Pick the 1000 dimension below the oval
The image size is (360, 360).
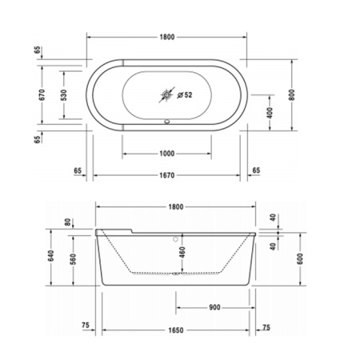pyautogui.click(x=166, y=153)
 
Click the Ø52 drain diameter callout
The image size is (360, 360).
pyautogui.click(x=185, y=95)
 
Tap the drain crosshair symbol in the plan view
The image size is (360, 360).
pyautogui.click(x=167, y=94)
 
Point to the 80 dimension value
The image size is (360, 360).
pyautogui.click(x=68, y=222)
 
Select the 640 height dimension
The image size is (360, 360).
pyautogui.click(x=50, y=256)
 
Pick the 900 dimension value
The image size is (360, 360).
pyautogui.click(x=214, y=307)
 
